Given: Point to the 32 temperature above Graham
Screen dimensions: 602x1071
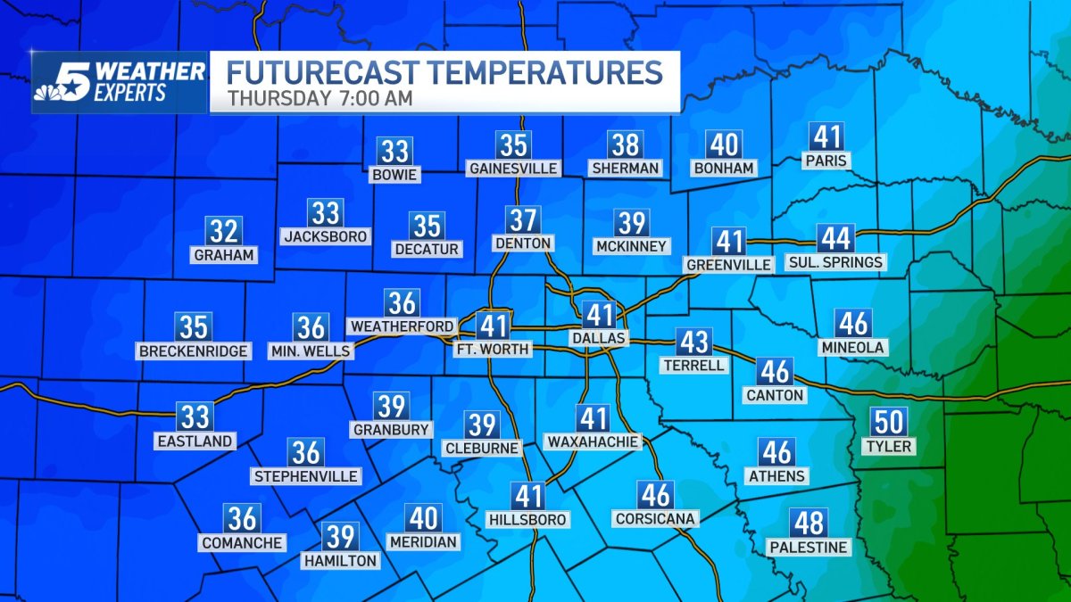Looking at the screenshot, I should pos(224,232).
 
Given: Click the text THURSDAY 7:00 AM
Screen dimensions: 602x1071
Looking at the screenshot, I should pos(320,98).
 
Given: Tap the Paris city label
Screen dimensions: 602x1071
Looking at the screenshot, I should pos(826,161).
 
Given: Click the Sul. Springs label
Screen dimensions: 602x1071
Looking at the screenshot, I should pos(835,262).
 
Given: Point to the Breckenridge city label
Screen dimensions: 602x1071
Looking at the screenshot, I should pos(193,351).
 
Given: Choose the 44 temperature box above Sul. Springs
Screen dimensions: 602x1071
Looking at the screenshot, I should pos(836,239).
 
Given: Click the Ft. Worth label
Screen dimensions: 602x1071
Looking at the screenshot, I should pos(493,349).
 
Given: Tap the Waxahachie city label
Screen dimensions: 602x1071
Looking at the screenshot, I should pos(593,441).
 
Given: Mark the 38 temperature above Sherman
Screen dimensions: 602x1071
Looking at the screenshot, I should pos(626,144).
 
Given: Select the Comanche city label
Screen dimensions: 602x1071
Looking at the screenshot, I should pos(242,542).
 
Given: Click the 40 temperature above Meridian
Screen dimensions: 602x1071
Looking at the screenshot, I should pos(423,518).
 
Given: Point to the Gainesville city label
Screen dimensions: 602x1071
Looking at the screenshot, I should pos(513,168).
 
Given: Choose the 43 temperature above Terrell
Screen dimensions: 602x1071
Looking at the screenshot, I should pos(693,342).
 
